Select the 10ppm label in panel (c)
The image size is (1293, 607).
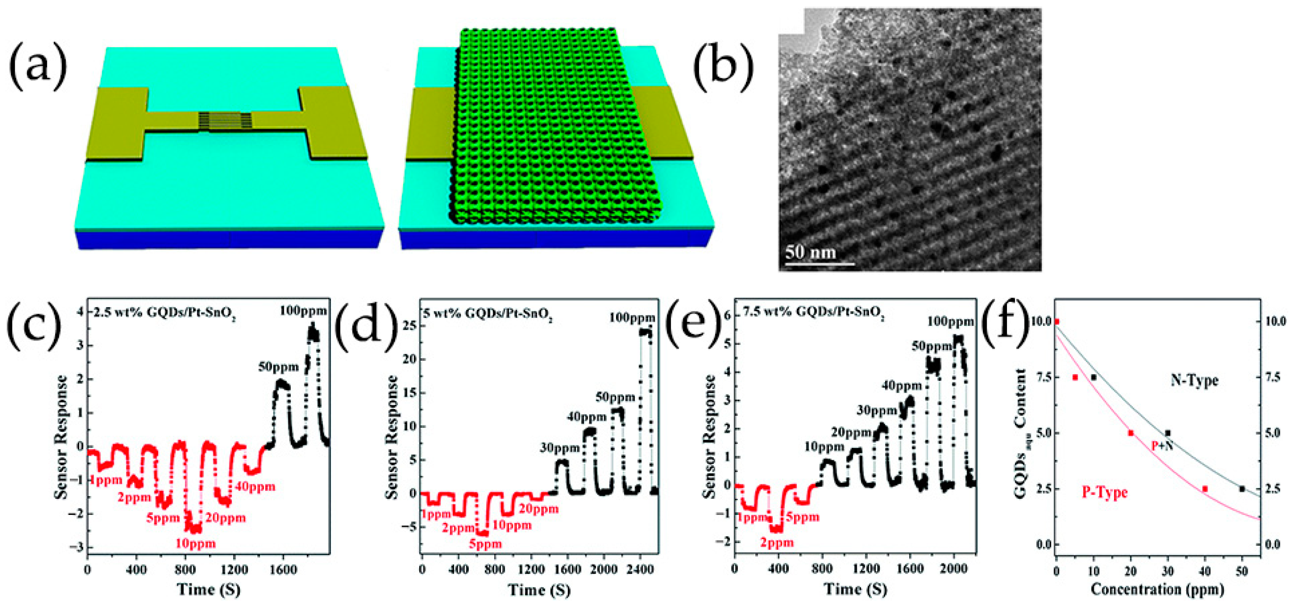point(195,543)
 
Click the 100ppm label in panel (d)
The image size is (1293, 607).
point(632,318)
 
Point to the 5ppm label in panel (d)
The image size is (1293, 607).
point(485,544)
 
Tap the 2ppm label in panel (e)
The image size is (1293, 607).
point(777,542)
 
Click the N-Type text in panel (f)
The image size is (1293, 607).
point(1194,380)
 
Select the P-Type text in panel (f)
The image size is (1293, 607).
point(1104,492)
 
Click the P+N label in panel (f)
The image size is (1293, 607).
point(1161,445)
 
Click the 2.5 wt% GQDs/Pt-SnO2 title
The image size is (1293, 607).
point(164,313)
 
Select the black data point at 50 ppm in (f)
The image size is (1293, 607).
point(1242,488)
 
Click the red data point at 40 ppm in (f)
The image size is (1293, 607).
point(1205,488)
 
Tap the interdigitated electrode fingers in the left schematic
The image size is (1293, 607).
point(224,120)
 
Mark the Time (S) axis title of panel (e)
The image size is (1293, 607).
point(855,589)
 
